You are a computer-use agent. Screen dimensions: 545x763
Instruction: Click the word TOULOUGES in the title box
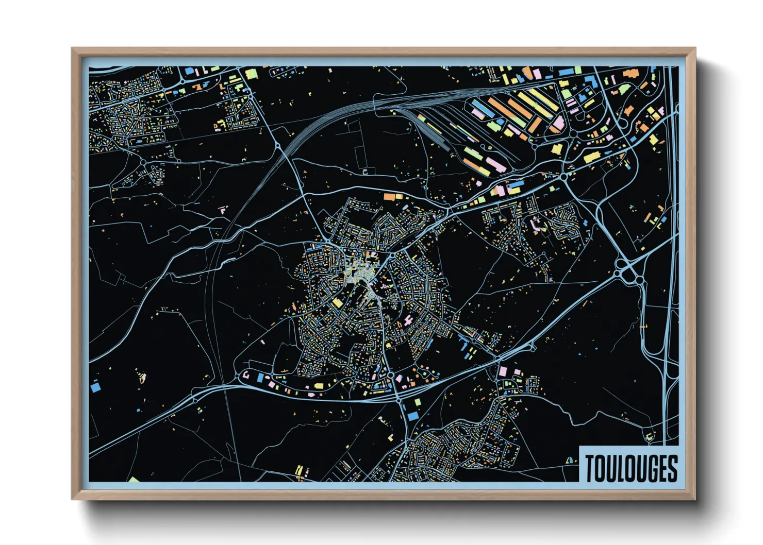click(631, 468)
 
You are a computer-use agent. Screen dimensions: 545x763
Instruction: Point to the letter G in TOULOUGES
click(650, 468)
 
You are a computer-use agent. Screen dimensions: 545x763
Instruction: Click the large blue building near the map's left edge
click(95, 386)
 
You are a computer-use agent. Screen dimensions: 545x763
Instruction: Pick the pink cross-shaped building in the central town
click(409, 320)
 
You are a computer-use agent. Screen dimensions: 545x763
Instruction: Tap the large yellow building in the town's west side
click(337, 302)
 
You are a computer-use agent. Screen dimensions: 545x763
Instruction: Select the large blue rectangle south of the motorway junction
click(412, 415)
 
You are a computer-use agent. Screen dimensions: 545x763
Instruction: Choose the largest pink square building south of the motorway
click(503, 371)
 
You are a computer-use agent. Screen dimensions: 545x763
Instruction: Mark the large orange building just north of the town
click(390, 196)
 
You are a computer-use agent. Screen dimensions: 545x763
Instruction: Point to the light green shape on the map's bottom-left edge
click(134, 480)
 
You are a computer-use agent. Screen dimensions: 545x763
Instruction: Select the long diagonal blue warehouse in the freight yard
click(479, 108)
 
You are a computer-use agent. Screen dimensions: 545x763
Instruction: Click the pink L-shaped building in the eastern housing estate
click(536, 223)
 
